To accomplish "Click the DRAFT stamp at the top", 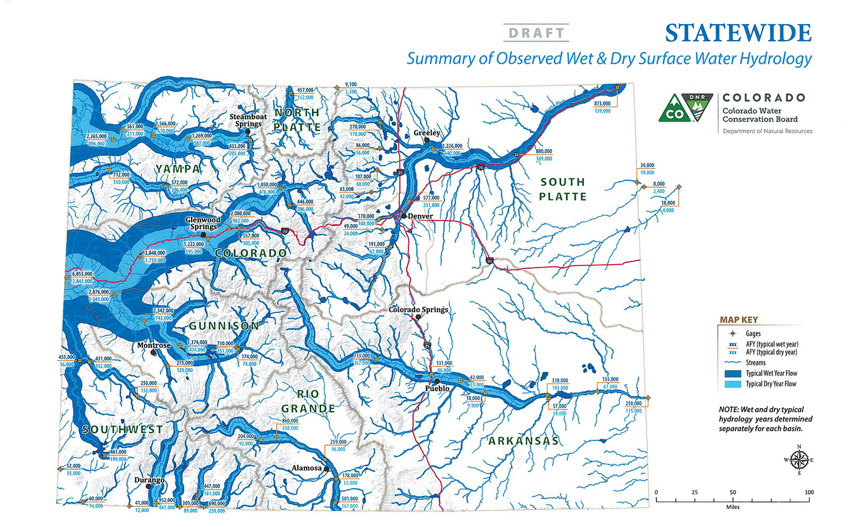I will tap(536, 33).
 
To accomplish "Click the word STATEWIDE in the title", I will tap(738, 33).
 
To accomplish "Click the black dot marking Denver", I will tap(404, 216).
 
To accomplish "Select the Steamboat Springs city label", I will tap(248, 120).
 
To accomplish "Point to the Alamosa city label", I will tap(307, 468).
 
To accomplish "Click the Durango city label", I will tap(149, 480).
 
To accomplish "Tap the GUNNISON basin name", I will tap(224, 325).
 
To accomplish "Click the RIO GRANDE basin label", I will tap(308, 401).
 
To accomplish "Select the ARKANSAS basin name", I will tap(524, 441).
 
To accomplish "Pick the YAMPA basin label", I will tap(178, 169).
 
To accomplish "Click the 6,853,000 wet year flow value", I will tap(82, 274).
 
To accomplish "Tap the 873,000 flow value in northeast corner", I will tap(602, 103).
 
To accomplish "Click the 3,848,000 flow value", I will tap(155, 253).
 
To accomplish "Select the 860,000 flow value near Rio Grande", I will tap(290, 421).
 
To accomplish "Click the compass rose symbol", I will tap(799, 459).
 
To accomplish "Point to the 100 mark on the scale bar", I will tap(809, 492).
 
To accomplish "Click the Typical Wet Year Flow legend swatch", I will tap(733, 373).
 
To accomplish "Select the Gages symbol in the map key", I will tap(733, 333).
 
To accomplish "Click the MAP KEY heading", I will tap(738, 320).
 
